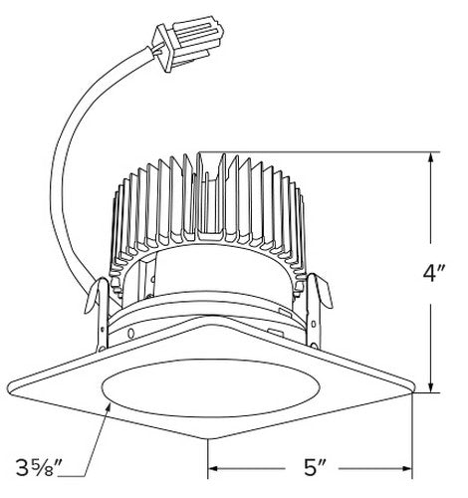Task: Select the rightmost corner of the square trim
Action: [x=414, y=392]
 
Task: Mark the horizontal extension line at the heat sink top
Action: [x=319, y=151]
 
